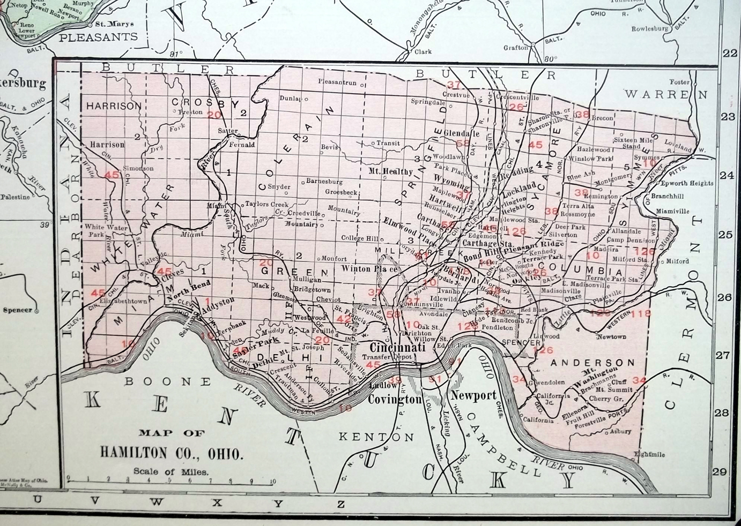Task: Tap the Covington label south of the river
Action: [395, 400]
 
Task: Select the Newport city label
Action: [473, 396]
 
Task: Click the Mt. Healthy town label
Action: [390, 171]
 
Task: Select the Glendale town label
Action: [462, 133]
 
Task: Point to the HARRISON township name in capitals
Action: [113, 106]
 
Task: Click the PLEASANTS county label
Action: [98, 37]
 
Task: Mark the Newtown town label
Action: [612, 336]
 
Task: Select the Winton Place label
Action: [370, 269]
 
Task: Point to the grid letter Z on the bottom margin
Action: [340, 503]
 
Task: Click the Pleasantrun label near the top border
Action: [337, 82]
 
